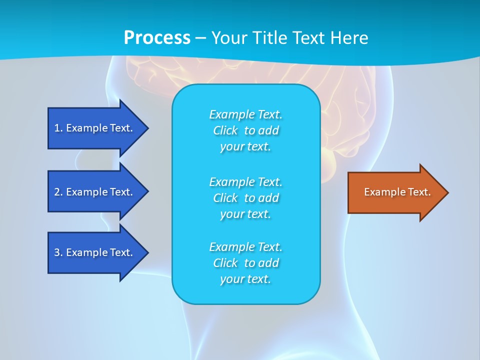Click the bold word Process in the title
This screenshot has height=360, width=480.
click(x=157, y=38)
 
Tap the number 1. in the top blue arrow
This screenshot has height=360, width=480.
click(x=58, y=128)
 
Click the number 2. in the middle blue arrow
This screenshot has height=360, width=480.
click(x=58, y=192)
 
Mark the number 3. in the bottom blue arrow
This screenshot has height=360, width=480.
click(x=58, y=252)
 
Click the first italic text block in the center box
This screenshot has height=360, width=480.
click(x=245, y=130)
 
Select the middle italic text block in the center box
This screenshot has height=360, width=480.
click(x=245, y=197)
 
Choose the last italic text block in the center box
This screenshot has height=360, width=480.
click(x=245, y=263)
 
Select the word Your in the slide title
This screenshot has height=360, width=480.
click(x=229, y=38)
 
